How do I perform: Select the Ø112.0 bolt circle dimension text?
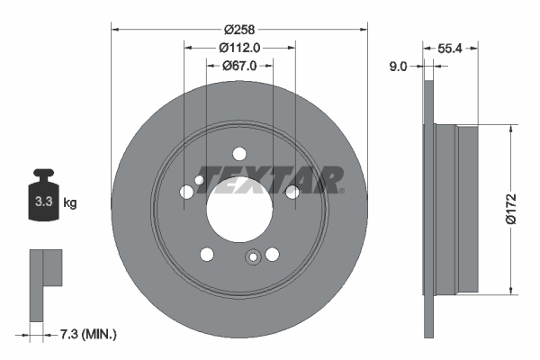(238, 48)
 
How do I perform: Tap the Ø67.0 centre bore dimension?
(238, 65)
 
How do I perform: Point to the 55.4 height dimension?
(450, 50)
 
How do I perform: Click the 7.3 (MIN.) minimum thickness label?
(86, 334)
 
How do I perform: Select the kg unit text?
(70, 203)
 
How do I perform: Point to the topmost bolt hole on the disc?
(239, 154)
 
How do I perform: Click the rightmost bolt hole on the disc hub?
(292, 191)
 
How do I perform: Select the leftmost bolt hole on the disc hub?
(185, 191)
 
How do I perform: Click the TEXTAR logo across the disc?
(268, 180)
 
